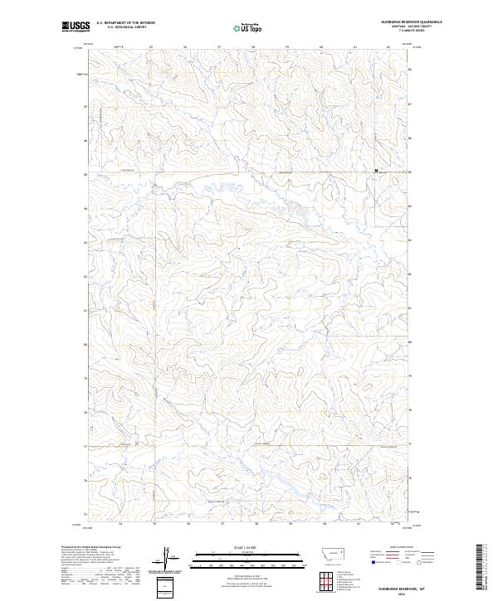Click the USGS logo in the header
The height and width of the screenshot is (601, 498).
[75, 27]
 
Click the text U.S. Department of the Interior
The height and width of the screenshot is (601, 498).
[126, 23]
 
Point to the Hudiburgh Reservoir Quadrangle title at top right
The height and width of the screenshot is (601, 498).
[407, 22]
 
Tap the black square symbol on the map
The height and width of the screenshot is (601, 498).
[376, 171]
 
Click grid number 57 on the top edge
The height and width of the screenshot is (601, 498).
[219, 47]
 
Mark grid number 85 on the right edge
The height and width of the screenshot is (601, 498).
[410, 172]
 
